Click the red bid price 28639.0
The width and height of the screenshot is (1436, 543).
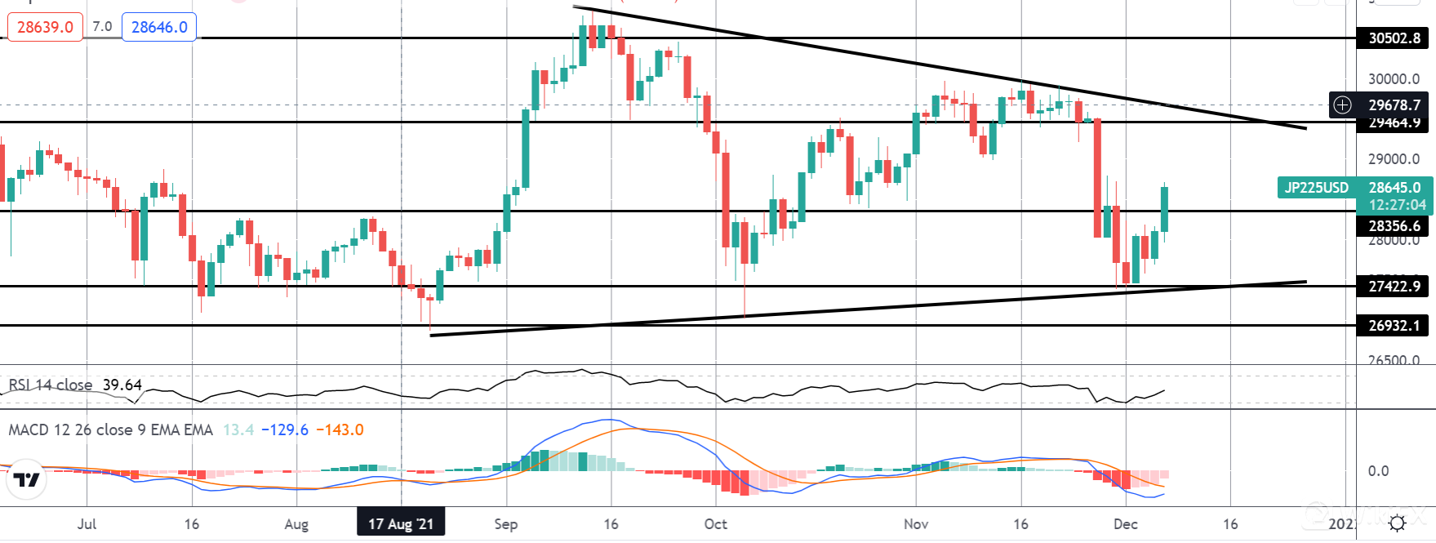45,27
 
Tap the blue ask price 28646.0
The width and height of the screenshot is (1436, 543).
159,27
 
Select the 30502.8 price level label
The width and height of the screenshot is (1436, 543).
1394,38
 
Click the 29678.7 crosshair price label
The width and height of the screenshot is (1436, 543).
1394,105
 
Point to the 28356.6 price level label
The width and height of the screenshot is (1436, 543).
1394,225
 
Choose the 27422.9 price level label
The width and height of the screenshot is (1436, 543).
1394,286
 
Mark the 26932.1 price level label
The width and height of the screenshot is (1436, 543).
1394,325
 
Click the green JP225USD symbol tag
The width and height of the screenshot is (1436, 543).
1316,188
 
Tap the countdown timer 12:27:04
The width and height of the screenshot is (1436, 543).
1396,204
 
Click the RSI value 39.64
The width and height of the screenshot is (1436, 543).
122,385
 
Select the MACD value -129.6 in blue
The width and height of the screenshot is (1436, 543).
285,430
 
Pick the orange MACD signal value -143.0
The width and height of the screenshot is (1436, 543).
340,430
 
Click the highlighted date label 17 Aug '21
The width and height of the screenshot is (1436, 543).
401,523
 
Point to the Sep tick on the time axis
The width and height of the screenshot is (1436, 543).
506,523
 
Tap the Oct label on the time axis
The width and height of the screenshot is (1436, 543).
715,523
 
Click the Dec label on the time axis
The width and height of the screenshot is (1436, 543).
1125,523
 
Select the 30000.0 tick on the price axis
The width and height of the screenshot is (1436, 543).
1394,79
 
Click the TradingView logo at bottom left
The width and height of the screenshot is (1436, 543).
27,480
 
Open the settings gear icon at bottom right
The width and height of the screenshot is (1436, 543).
1397,523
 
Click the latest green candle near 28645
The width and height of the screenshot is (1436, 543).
1164,209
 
